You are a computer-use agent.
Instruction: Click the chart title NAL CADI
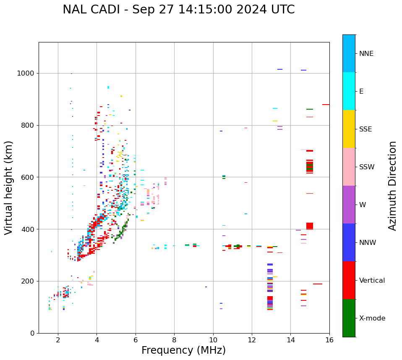click(x=178, y=10)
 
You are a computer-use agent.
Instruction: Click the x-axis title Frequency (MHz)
click(x=183, y=350)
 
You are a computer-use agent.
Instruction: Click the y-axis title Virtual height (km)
click(x=9, y=187)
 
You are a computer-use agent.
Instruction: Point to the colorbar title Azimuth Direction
click(x=392, y=186)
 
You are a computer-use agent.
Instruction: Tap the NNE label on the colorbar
click(x=366, y=54)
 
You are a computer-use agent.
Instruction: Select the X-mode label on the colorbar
click(x=372, y=318)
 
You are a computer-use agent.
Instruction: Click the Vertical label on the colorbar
click(x=372, y=281)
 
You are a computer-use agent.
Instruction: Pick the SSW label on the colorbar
click(x=367, y=167)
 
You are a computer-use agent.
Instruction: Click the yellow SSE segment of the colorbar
click(x=349, y=129)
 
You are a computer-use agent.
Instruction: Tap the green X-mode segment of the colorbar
click(x=349, y=318)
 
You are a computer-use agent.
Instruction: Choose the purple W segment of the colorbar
click(x=349, y=205)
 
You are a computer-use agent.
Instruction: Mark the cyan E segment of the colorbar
click(x=349, y=91)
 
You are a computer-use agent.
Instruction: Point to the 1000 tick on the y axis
click(x=26, y=73)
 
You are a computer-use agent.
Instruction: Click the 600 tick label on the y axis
click(x=28, y=177)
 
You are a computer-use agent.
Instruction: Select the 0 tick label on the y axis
click(x=32, y=333)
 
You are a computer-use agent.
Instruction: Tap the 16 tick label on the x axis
click(x=329, y=340)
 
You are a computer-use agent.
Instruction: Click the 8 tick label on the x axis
click(x=174, y=340)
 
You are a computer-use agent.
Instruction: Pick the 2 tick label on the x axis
click(x=58, y=340)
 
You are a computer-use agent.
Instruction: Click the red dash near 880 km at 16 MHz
click(x=326, y=105)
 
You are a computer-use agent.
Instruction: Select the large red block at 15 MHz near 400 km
click(x=310, y=226)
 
